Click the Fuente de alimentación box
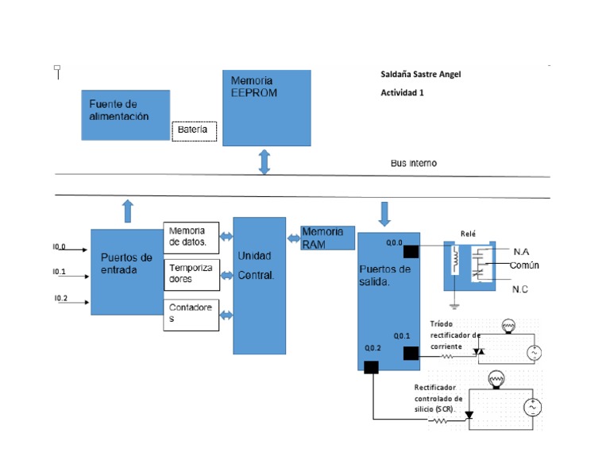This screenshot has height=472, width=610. point(125,115)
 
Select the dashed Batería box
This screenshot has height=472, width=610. point(194,130)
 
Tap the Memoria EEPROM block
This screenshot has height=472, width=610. point(266,107)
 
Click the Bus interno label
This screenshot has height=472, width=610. point(413,164)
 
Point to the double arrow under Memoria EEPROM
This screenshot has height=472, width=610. point(265,161)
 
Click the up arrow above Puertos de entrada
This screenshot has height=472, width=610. point(128,211)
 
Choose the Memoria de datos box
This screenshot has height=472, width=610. point(191,236)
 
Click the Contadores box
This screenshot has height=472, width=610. point(191,313)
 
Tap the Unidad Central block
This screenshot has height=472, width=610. point(259,285)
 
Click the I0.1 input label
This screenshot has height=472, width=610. point(60,273)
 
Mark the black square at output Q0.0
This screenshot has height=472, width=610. point(411,252)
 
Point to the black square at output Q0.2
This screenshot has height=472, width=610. point(371,366)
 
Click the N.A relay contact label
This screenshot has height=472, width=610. point(521,251)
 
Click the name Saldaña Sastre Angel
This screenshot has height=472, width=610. point(420,75)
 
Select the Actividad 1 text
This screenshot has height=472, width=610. point(403,93)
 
